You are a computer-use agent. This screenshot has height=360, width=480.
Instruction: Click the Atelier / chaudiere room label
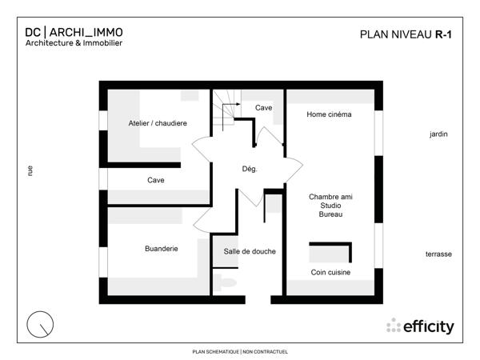158,123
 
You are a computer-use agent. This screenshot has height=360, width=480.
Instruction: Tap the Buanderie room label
161,249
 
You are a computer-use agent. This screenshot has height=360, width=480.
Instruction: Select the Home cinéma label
329,114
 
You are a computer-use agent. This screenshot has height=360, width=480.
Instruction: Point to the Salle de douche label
250,251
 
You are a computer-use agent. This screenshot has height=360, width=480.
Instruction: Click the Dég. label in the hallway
249,169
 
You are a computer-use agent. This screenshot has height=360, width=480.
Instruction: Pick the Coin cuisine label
330,273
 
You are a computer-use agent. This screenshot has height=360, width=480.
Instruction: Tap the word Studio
330,206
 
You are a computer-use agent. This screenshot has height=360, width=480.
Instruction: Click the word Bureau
330,215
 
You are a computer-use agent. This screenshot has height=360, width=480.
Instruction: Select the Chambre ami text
330,196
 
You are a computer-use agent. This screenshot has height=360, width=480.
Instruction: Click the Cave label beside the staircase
263,107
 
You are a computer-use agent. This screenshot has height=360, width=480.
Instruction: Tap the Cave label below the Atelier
156,180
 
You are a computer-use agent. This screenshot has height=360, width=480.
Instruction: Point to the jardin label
438,134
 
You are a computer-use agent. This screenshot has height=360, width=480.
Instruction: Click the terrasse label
438,254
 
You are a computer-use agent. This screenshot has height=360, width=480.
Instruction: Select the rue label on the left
30,170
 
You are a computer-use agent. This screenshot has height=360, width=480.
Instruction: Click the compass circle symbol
40,324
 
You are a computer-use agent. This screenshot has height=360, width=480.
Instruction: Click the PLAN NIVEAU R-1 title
400,34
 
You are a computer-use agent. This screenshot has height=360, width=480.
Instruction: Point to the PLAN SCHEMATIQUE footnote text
240,351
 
